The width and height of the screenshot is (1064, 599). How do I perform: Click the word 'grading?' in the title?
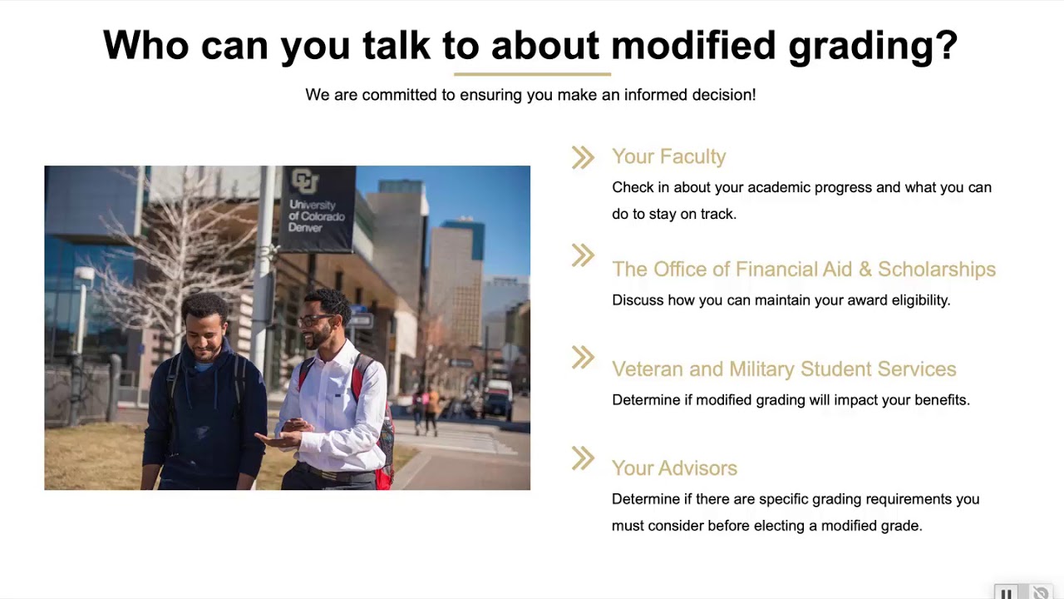[x=873, y=46]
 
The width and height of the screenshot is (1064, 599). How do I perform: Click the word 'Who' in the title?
[x=145, y=46]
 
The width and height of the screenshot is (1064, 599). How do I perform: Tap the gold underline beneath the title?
[x=532, y=74]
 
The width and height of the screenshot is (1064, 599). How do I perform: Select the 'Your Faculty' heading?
[x=668, y=156]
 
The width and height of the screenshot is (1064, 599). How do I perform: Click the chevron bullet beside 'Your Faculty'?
[x=583, y=157]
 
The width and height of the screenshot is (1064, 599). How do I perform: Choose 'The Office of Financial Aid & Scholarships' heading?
[x=803, y=269]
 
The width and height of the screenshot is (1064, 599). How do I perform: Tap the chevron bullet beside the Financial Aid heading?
[x=583, y=255]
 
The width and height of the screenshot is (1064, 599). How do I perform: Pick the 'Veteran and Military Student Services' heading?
[x=783, y=369]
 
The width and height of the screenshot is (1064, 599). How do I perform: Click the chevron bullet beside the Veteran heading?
[x=583, y=358]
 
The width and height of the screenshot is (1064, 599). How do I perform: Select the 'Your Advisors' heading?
[x=674, y=468]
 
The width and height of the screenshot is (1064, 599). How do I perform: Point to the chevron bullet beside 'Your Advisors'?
[x=583, y=458]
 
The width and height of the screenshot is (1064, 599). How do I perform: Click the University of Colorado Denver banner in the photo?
[x=317, y=208]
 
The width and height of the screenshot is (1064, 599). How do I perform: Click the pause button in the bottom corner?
[x=1006, y=592]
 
